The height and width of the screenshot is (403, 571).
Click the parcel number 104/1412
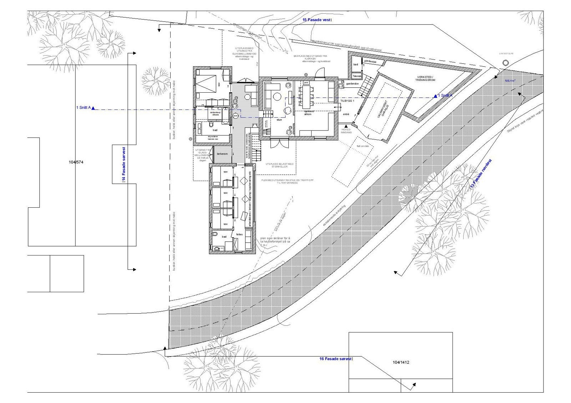pos(401,363)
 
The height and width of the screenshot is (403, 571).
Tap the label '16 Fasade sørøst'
pos(336,359)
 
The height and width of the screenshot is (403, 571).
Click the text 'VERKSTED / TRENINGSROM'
pos(426,79)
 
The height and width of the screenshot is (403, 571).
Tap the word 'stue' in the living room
pos(279,120)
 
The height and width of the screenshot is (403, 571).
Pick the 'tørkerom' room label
pos(222,154)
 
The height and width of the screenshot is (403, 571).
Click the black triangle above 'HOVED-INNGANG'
pos(346,125)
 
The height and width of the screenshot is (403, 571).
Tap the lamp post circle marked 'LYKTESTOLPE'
pos(505,63)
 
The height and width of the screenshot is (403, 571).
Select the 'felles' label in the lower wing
pos(239,234)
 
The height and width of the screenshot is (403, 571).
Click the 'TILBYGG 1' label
pos(347,101)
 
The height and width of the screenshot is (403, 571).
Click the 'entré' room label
pos(346,114)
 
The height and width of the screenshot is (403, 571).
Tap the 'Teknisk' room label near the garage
pos(357,76)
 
